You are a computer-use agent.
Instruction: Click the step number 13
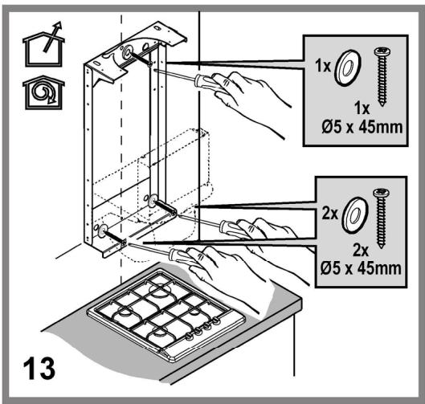[x=39, y=369]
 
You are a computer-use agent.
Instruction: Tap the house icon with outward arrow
[x=43, y=45]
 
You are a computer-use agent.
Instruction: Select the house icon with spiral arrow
[x=43, y=92]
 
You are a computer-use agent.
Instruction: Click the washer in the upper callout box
[x=348, y=67]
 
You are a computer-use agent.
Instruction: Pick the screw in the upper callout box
[x=382, y=76]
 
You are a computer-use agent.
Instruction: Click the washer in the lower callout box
[x=355, y=215]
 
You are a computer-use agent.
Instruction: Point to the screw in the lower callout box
[x=381, y=218]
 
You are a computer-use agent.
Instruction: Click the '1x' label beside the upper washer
[x=323, y=66]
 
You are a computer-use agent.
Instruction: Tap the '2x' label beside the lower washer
[x=330, y=214]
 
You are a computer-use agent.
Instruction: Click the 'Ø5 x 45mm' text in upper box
[x=362, y=127]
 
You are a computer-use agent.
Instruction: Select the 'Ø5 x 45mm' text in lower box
[x=361, y=268]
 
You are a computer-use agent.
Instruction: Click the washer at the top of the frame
[x=127, y=52]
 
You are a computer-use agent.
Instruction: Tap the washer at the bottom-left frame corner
[x=102, y=231]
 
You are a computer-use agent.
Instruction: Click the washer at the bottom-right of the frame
[x=153, y=201]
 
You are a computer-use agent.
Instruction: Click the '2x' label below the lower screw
[x=361, y=251]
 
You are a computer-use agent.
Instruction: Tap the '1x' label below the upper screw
[x=362, y=108]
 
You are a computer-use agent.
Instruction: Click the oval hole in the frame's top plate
[x=157, y=28]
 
